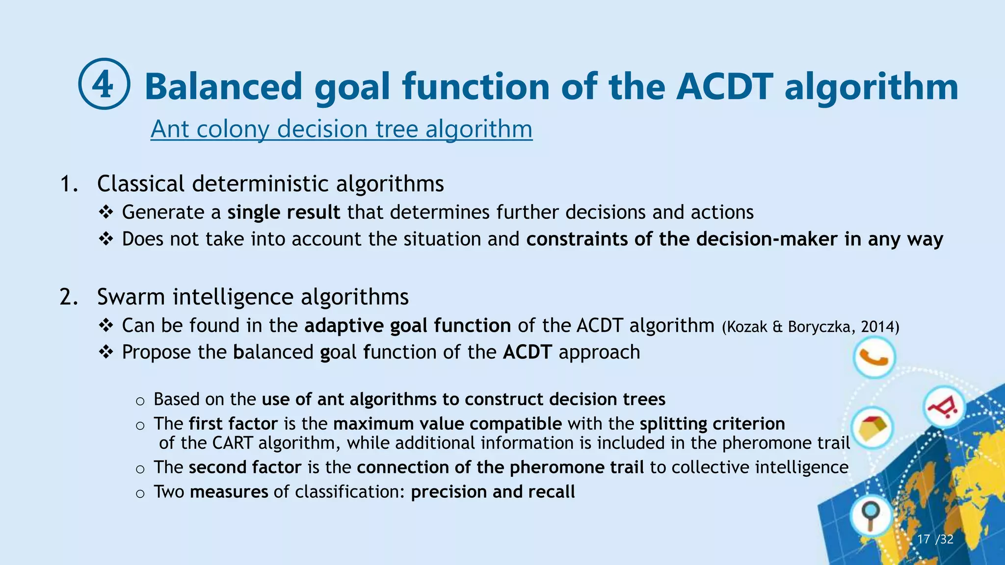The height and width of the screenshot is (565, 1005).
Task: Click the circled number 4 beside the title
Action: (104, 84)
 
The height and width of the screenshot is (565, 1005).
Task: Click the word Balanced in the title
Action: (223, 86)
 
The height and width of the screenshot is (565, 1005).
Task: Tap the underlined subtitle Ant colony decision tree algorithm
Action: (341, 129)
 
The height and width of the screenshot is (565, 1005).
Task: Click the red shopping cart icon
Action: (943, 407)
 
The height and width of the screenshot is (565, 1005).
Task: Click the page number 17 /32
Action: (935, 539)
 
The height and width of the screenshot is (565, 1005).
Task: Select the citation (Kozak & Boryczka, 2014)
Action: (810, 327)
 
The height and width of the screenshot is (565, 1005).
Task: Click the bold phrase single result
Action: (284, 212)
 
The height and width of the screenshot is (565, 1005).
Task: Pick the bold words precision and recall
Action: (493, 492)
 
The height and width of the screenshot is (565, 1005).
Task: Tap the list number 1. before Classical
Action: (69, 184)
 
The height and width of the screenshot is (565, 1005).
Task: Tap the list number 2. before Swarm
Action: (69, 297)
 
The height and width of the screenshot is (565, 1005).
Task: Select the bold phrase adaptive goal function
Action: (407, 326)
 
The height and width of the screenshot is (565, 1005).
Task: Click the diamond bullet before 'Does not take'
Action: (106, 239)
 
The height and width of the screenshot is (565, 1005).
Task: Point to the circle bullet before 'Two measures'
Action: (140, 493)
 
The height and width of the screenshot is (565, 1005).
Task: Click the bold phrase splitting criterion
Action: (712, 424)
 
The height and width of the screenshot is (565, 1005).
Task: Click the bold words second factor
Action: (245, 467)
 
